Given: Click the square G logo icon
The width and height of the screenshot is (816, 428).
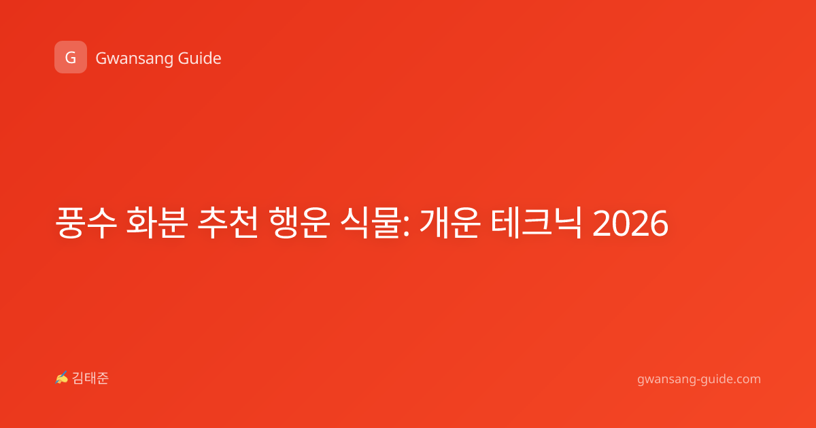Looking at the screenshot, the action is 71,57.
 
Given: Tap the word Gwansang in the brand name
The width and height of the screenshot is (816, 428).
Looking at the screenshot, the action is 134,58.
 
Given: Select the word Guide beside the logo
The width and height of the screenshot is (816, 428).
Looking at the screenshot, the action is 200,58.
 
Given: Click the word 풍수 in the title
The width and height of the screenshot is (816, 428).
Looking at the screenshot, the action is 86,222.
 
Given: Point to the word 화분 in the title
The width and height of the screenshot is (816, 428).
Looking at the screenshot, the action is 157,222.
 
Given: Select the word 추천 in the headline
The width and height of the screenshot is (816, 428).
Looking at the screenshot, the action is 228,222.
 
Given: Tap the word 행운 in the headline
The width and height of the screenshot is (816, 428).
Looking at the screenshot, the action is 299,222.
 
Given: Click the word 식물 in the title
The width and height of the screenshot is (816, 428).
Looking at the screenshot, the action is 370,222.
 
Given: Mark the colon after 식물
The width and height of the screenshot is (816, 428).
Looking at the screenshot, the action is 407,227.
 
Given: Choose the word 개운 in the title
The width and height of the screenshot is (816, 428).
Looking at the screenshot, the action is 450,222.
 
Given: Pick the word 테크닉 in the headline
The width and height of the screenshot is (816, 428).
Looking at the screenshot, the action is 537,222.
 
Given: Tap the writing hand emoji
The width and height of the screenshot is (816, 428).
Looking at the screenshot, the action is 62,378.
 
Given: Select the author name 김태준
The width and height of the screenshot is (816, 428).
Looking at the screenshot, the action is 90,378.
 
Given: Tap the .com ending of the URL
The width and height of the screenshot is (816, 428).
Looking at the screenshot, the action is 747,379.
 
